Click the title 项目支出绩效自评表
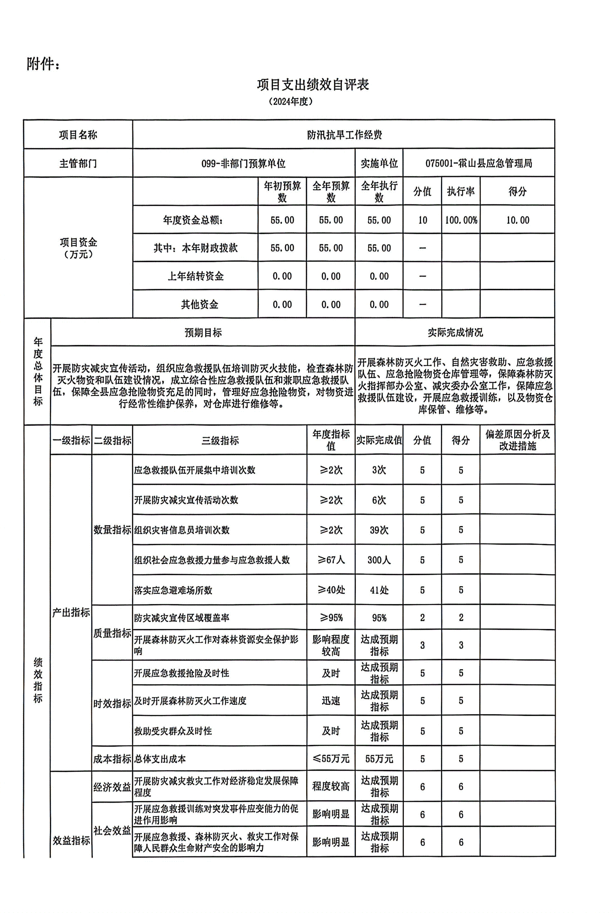pos(313,84)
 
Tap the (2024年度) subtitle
pos(291,102)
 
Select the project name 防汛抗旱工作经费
pos(344,135)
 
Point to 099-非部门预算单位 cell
pos(243,163)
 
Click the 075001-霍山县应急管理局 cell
pos(478,163)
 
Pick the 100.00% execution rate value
pos(461,220)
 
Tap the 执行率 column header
pos(461,191)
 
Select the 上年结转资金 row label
pos(195,276)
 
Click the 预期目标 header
pos(203,332)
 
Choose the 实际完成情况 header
pos(455,332)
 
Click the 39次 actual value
pos(379,530)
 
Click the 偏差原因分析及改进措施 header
pos(517,440)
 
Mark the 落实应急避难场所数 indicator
pos(173,590)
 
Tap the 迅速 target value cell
pos(331,701)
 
